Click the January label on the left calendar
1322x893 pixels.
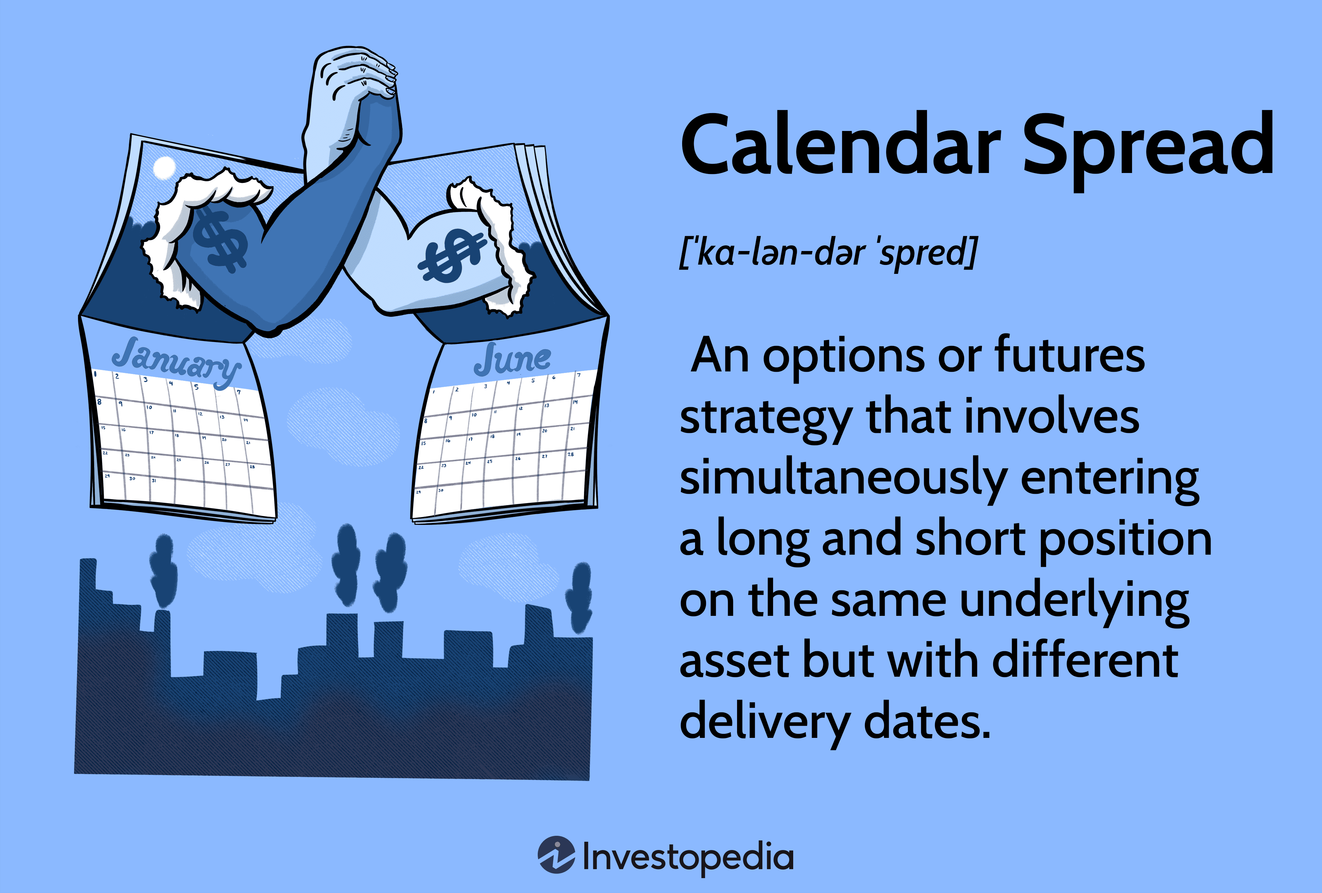coord(176,362)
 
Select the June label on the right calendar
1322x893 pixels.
coord(512,359)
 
